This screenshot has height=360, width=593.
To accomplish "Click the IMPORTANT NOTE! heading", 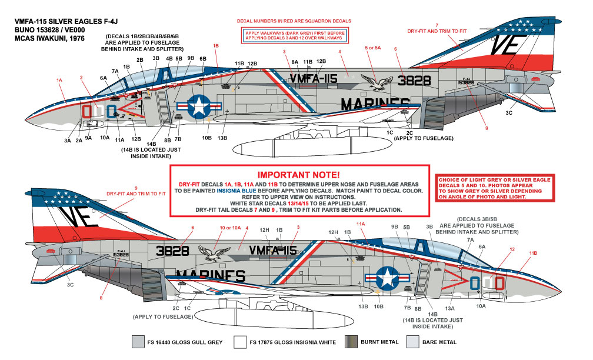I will coord(298,175).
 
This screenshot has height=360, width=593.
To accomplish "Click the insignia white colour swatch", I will coord(241,342).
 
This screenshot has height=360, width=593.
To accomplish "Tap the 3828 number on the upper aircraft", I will coord(419,81).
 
